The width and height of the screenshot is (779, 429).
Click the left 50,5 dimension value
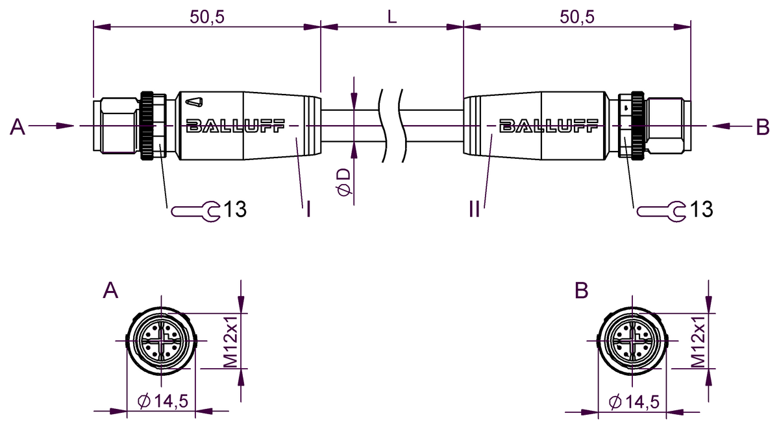207,17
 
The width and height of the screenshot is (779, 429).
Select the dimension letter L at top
392,17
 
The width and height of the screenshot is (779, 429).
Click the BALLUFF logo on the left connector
234,126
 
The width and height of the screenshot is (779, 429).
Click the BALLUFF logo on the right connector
549,126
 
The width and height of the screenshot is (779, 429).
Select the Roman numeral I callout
308,209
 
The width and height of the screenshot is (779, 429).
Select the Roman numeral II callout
474,209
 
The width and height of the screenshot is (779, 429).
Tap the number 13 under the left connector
234,209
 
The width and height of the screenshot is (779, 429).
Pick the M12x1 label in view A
231,342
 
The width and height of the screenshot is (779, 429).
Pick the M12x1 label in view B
698,342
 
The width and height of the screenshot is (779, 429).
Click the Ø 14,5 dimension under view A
164,402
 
